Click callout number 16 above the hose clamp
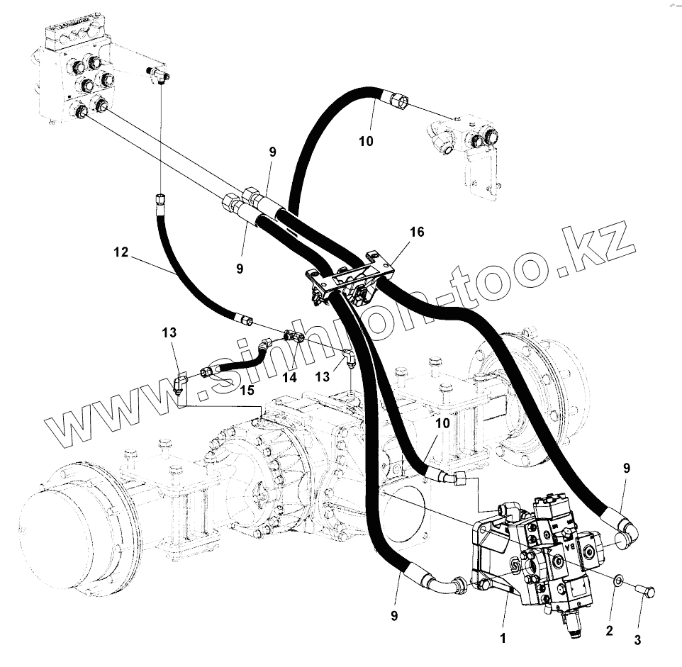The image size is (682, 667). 416,232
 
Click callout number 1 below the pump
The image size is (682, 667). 503,638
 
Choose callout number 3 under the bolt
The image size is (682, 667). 637,640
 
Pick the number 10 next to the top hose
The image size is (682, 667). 365,141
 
